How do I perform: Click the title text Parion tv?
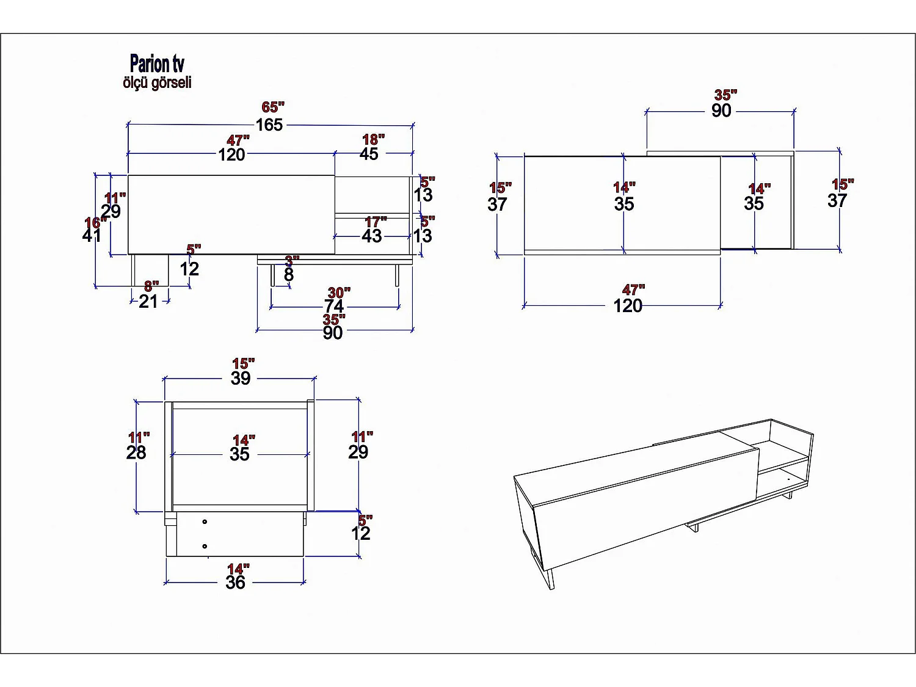pos(157,64)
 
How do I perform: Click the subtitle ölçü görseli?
pos(157,82)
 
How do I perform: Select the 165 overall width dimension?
pos(269,125)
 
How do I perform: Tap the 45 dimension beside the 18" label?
pos(369,154)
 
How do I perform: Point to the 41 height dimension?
pos(92,235)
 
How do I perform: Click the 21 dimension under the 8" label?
pos(148,301)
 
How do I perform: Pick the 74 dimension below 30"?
pos(334,306)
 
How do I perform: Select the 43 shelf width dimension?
pos(372,236)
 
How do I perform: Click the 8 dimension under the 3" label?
pos(289,275)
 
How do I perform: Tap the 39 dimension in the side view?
pos(241,378)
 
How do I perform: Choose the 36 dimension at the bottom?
pos(235,583)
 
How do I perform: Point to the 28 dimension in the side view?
pos(136,453)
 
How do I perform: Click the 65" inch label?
pos(273,107)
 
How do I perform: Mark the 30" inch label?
pos(339,293)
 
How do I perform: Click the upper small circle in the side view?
pos(205,522)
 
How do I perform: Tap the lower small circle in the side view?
pos(205,546)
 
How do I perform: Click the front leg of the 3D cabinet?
pos(551,579)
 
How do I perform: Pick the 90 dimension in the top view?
pos(721,111)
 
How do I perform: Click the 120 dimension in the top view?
pos(628,305)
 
